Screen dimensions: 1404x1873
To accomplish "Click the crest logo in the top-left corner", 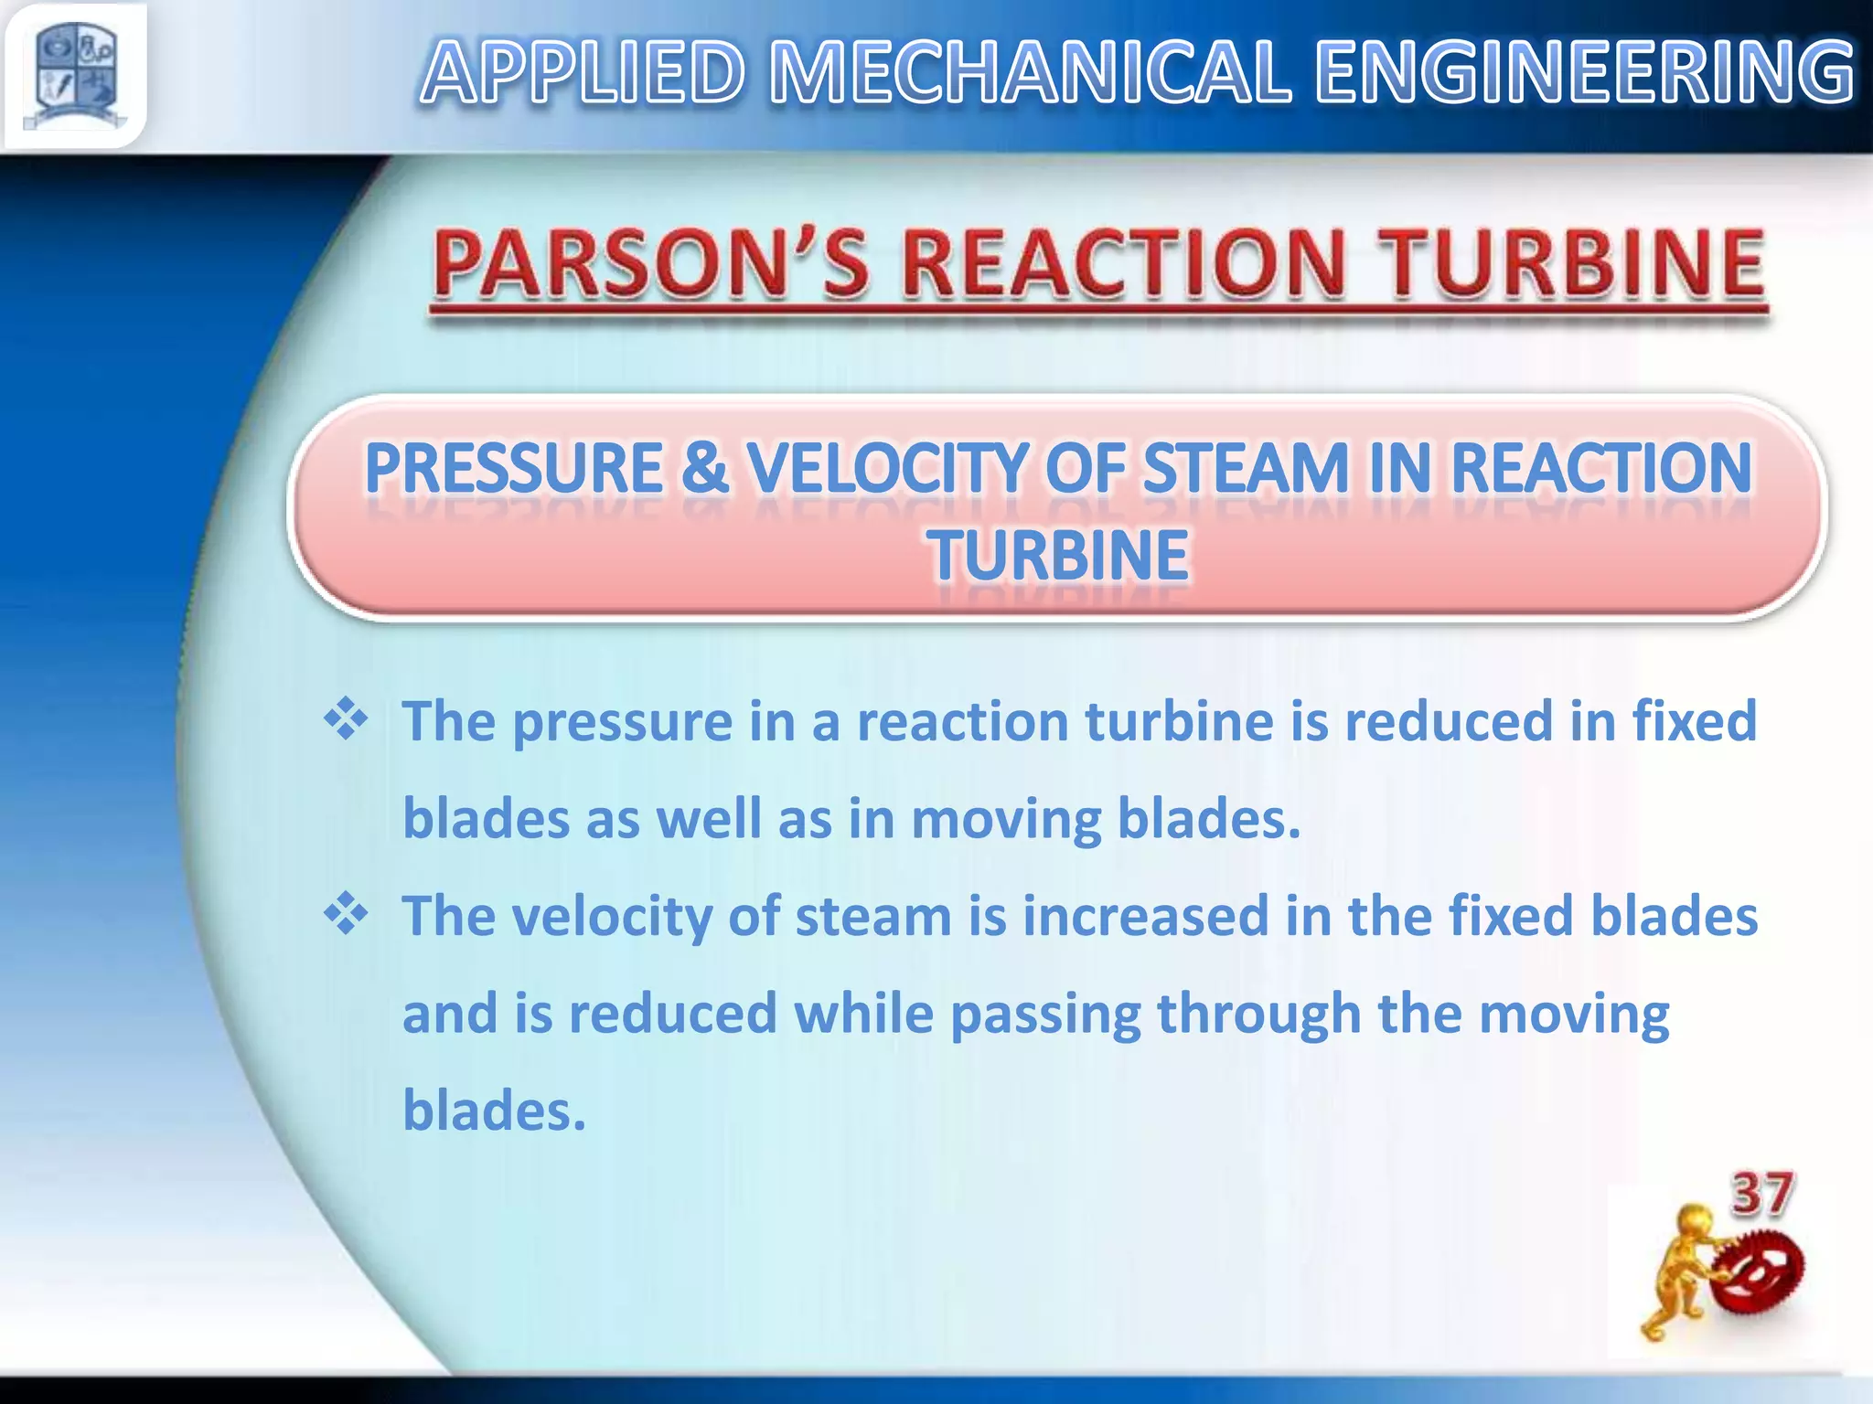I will tap(75, 75).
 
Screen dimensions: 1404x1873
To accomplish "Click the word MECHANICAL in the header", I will tap(1030, 73).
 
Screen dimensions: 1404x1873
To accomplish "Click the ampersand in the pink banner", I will tap(704, 468).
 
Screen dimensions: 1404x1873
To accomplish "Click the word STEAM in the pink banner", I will tap(1247, 468).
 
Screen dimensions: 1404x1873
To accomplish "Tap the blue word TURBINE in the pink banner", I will tap(1059, 555).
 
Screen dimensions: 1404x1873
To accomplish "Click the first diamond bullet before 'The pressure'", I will tap(346, 719).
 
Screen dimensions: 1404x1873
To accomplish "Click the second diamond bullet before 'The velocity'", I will tap(346, 914).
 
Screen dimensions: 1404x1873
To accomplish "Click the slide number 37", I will tap(1761, 1195).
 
